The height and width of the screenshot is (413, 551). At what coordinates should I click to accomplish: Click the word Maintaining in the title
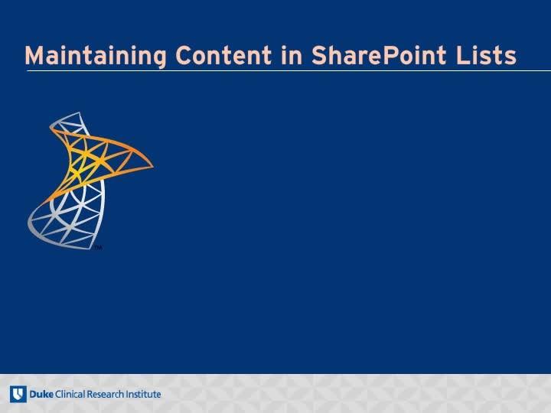pyautogui.click(x=95, y=56)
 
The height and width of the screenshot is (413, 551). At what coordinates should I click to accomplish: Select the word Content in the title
pyautogui.click(x=223, y=55)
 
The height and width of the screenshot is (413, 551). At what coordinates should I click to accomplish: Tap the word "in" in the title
pyautogui.click(x=292, y=55)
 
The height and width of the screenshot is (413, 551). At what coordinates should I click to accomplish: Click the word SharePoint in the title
pyautogui.click(x=379, y=55)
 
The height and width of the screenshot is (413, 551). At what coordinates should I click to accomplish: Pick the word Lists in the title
pyautogui.click(x=487, y=55)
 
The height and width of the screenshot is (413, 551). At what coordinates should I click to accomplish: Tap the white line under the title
pyautogui.click(x=289, y=70)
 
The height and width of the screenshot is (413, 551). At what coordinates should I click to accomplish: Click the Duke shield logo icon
pyautogui.click(x=18, y=394)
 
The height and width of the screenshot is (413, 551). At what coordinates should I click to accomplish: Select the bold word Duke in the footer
pyautogui.click(x=41, y=394)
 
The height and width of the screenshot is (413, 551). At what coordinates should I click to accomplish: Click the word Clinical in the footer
pyautogui.click(x=70, y=394)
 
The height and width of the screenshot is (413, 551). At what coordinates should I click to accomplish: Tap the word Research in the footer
pyautogui.click(x=106, y=394)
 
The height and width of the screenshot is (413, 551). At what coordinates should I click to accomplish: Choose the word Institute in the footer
pyautogui.click(x=143, y=394)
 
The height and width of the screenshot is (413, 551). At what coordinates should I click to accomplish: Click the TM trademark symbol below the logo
pyautogui.click(x=98, y=248)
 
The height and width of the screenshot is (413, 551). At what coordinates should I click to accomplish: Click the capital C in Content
pyautogui.click(x=185, y=56)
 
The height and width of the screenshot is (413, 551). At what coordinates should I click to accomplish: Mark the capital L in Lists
pyautogui.click(x=463, y=56)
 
